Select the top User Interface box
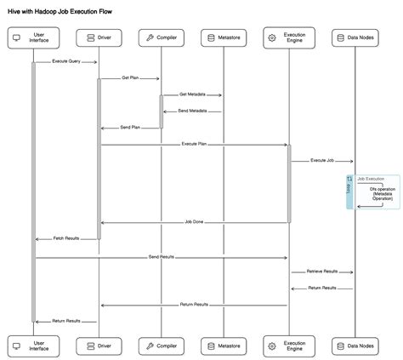34,37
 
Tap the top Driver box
99,37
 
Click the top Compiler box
162,37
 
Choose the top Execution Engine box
289,37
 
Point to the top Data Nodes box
353,37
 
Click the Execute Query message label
65,61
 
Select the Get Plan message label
130,78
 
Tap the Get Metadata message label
193,94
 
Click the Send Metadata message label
192,111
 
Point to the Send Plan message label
129,127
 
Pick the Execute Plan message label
194,144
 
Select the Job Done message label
194,221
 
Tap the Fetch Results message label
65,238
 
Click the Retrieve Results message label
321,271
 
